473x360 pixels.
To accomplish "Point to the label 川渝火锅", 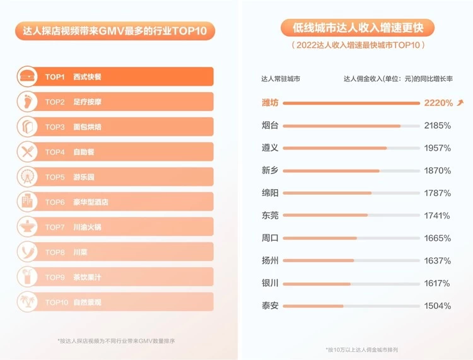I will click(x=87, y=227).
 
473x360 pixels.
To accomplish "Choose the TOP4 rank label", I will click(x=55, y=152).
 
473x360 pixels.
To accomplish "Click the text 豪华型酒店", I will click(x=91, y=202).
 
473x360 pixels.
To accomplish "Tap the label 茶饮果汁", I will click(x=87, y=277).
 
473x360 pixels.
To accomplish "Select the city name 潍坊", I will click(x=270, y=103).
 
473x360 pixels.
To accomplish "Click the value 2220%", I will click(x=438, y=103).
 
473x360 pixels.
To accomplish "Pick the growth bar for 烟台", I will click(x=342, y=126).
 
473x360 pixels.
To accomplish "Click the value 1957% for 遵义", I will click(x=438, y=148).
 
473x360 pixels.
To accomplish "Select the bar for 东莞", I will click(x=325, y=216).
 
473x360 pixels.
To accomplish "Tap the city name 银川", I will click(x=270, y=283).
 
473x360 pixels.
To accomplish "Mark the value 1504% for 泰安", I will click(x=438, y=306).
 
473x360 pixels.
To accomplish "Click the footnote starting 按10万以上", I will click(x=356, y=349).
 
